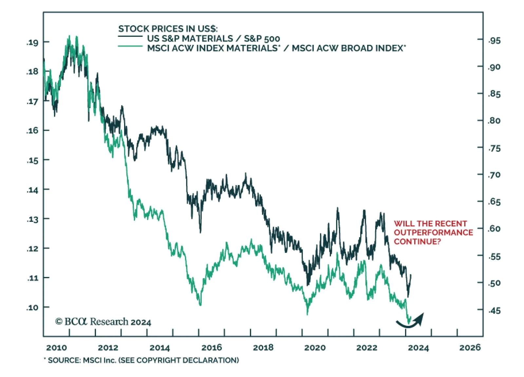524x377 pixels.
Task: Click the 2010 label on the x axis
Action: tap(56, 348)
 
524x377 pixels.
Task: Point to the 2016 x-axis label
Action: tap(212, 348)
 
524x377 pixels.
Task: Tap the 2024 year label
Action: tap(418, 348)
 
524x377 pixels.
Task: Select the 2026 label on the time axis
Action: tap(470, 348)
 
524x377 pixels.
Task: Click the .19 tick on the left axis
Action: tap(32, 42)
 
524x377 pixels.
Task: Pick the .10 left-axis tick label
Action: tap(32, 307)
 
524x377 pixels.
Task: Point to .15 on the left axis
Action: tap(32, 160)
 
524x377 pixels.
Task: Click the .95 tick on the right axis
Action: tap(494, 41)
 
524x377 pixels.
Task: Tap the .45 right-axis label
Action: tap(494, 310)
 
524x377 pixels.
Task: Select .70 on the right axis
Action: tap(494, 175)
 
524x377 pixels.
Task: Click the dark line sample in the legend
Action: tap(130, 36)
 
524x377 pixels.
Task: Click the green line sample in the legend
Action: tap(130, 46)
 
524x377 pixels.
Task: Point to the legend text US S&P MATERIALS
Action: tap(190, 39)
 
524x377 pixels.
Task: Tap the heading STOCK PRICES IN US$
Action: tap(168, 29)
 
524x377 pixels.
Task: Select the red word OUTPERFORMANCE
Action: tap(433, 233)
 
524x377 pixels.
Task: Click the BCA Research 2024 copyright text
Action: tap(103, 322)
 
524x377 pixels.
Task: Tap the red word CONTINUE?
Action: tap(417, 242)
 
